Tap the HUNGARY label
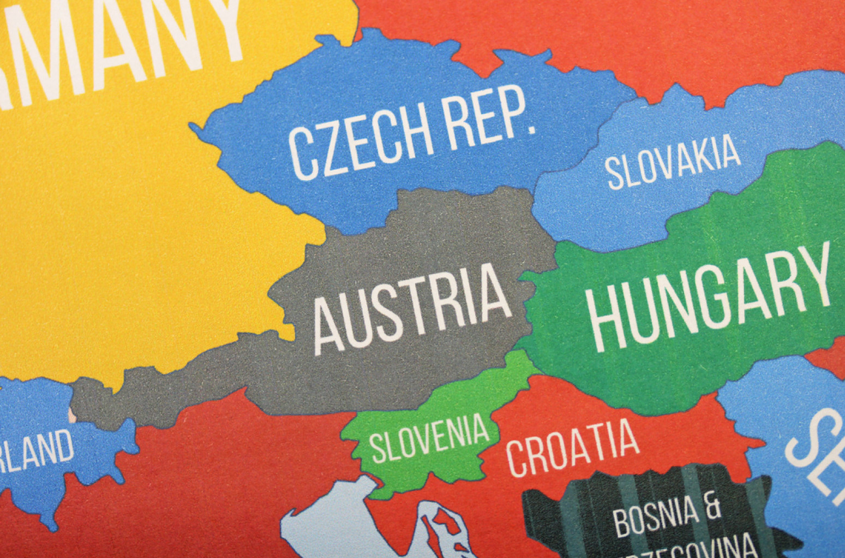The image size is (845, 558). [x=709, y=298]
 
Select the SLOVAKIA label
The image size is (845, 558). [x=673, y=162]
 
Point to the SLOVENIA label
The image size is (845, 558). [x=429, y=438]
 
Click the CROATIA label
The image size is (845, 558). [x=572, y=447]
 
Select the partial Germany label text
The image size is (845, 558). [x=120, y=44]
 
